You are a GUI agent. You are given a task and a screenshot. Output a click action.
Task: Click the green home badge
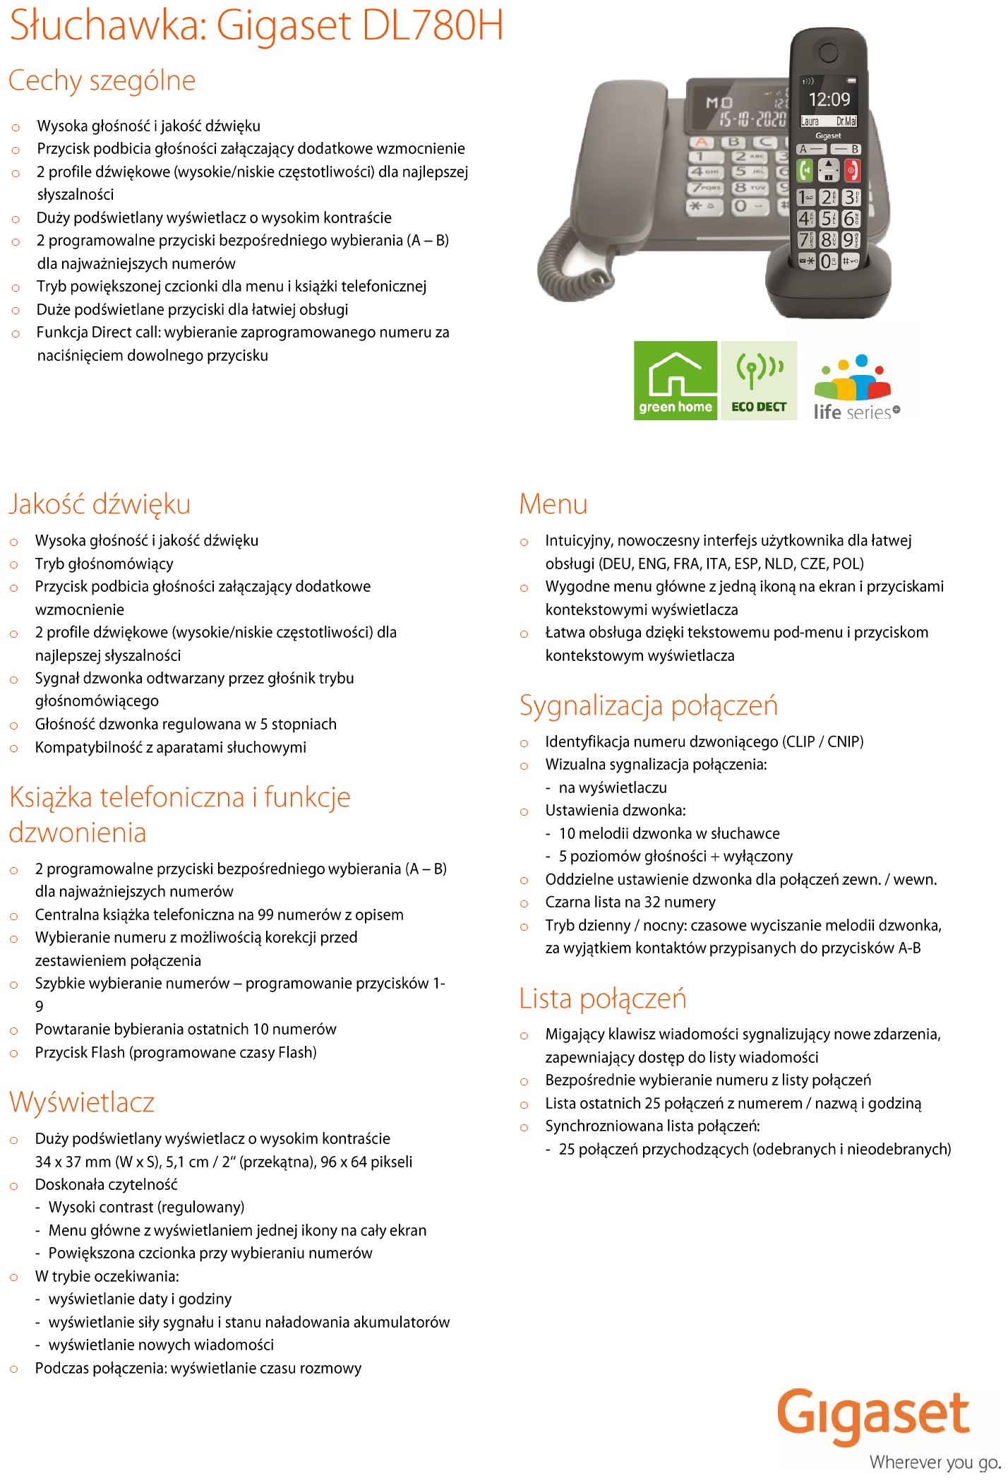coord(675,381)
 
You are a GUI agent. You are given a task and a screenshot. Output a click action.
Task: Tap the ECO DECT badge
coord(759,381)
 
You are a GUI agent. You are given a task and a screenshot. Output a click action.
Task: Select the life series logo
coord(856,386)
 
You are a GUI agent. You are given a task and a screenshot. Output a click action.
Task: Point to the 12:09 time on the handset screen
coord(829,100)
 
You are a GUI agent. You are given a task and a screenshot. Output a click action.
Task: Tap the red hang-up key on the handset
coord(852,170)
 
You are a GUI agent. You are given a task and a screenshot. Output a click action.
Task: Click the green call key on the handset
coord(805,170)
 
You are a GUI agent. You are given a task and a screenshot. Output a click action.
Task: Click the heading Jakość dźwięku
coord(100,504)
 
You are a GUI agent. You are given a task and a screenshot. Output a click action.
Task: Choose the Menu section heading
coord(553,504)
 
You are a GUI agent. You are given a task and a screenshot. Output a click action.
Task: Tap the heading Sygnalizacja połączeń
coord(648,705)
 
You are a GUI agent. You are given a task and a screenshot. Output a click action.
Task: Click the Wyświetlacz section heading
coord(82,1102)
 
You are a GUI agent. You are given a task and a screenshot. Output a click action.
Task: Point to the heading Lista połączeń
coord(603,999)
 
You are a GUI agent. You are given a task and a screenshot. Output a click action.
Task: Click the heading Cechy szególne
coord(102,81)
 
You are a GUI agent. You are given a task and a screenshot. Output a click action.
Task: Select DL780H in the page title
coord(432,25)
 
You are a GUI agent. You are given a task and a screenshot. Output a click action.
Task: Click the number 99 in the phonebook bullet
coord(265,915)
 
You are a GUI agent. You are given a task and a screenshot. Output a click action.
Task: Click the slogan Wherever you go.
coord(935,1462)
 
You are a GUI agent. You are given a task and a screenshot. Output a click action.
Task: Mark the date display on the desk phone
coord(752,118)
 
